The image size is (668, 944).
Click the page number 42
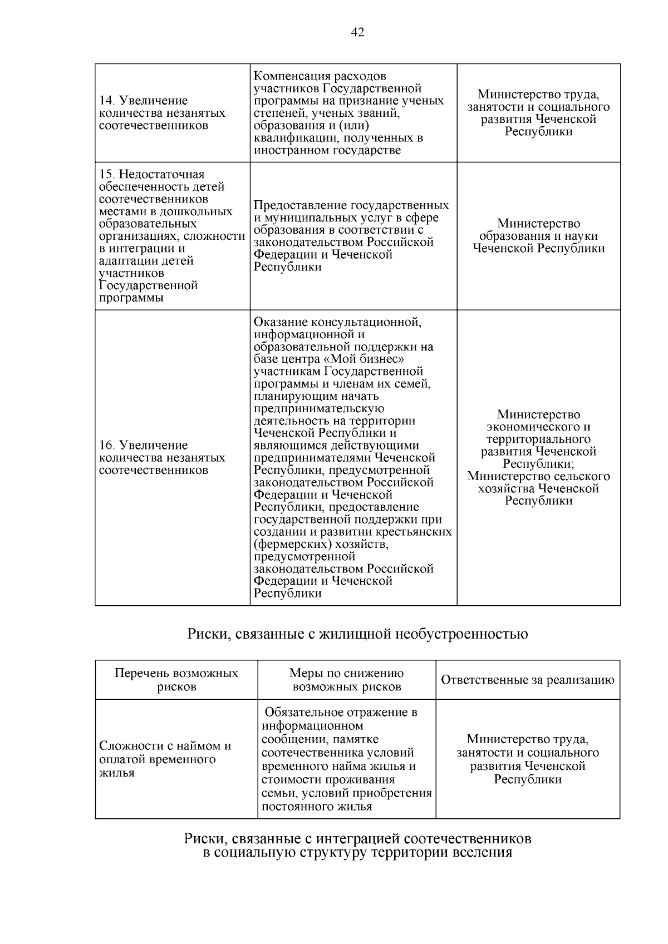pyautogui.click(x=357, y=33)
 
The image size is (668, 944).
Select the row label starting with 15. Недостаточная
pyautogui.click(x=151, y=175)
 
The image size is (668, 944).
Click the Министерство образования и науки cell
pyautogui.click(x=538, y=236)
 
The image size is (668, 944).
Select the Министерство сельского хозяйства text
pyautogui.click(x=538, y=483)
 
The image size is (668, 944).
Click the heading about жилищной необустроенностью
pyautogui.click(x=357, y=634)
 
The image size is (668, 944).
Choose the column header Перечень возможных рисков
pyautogui.click(x=176, y=680)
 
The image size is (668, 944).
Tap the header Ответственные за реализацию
pyautogui.click(x=527, y=680)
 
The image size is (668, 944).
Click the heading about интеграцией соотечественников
pyautogui.click(x=357, y=838)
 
